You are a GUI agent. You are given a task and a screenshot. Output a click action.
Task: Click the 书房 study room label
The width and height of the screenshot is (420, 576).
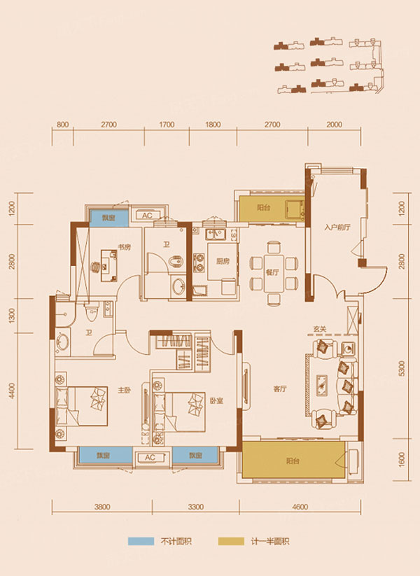pos(125,246)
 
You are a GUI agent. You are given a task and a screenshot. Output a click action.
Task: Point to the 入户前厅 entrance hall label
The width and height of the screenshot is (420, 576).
pos(336,227)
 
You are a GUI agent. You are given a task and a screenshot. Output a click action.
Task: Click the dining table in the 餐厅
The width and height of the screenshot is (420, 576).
pos(272,265)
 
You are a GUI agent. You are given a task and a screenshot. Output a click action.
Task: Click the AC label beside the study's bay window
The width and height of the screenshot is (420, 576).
pos(148,216)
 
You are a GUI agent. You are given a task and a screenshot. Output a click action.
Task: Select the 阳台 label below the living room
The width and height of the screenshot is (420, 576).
pos(293,461)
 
